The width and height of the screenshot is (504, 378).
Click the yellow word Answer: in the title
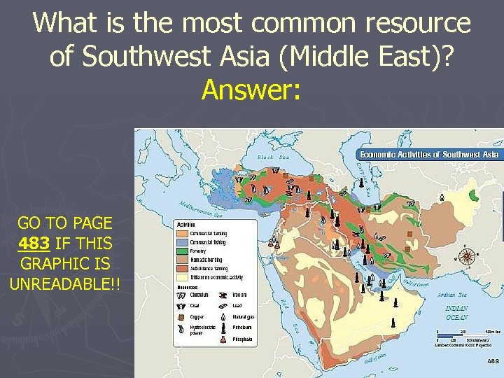251,89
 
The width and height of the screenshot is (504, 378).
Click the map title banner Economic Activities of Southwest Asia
428,154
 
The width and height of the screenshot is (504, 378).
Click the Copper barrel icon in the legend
182,316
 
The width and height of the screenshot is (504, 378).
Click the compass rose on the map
467,255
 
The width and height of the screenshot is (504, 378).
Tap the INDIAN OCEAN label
456,312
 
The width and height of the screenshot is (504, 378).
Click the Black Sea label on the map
274,157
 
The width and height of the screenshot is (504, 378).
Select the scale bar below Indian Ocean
462,337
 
